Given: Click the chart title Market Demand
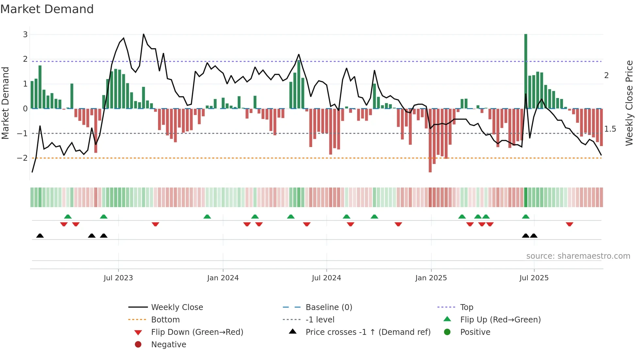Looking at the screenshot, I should [47, 9].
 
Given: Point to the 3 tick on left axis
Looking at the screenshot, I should [25, 34].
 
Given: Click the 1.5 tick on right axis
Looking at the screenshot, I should [610, 129].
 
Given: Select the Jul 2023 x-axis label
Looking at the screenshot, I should [118, 278].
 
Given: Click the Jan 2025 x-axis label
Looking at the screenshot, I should [431, 278].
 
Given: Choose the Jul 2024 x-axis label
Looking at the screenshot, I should [326, 278].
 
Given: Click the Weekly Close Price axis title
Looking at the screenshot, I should [629, 103].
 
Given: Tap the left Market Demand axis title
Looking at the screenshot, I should [5, 103].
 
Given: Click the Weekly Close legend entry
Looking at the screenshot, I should [177, 307].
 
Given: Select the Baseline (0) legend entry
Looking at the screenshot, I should [328, 307].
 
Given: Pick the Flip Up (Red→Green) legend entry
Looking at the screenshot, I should [500, 320].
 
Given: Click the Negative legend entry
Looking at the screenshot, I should [168, 345].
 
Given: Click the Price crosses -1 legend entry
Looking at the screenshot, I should [368, 332].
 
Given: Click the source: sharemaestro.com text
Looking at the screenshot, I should [578, 256].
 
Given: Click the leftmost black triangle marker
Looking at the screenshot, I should [40, 236].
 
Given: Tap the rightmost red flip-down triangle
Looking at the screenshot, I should [569, 224].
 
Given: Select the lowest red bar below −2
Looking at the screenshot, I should [430, 140].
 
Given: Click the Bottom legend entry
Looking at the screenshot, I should [165, 320].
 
